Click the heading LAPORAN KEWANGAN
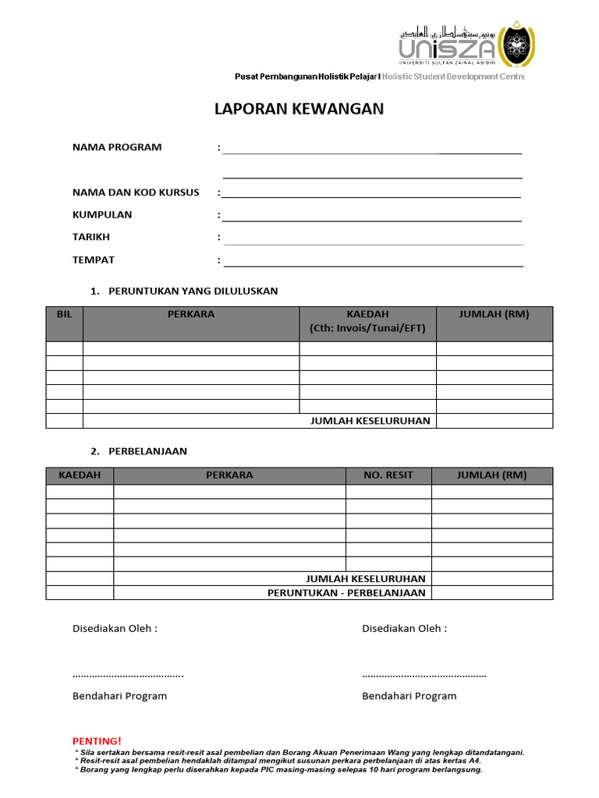[299, 109]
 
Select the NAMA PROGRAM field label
[117, 147]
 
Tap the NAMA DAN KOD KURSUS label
[136, 192]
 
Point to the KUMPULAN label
[102, 215]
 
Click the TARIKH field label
[91, 238]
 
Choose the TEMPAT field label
[94, 260]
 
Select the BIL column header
[64, 315]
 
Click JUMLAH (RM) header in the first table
[494, 315]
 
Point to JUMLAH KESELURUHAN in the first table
[370, 422]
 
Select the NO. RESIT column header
[388, 475]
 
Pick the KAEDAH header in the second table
[80, 475]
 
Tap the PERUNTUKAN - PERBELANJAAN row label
[346, 593]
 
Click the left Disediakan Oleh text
[115, 629]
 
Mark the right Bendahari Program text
[409, 696]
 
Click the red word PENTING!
[97, 740]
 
